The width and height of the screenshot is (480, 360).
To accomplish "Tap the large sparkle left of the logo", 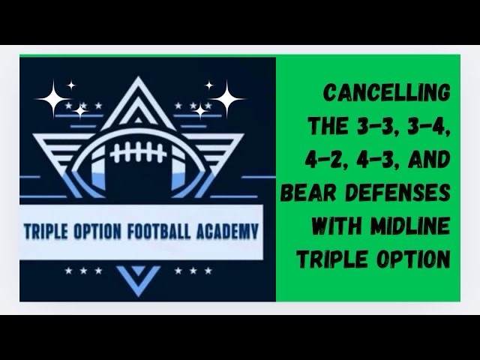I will tap(53, 97).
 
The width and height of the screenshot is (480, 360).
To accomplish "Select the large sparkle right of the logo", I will tap(226, 97).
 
